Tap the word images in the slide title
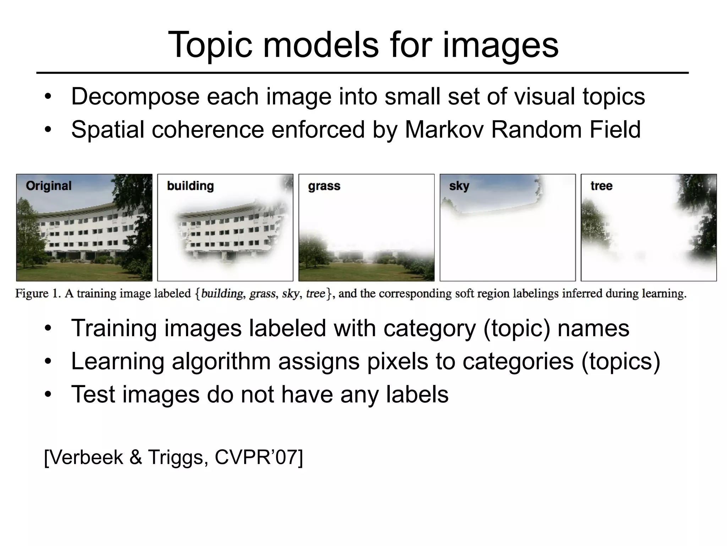(500, 45)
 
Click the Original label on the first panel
(49, 186)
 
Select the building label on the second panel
(190, 186)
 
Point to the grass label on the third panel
(324, 186)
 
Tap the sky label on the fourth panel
(459, 186)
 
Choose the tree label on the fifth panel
(601, 186)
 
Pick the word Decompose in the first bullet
(135, 97)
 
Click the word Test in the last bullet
(93, 394)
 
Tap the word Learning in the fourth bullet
(117, 361)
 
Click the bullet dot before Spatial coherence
(48, 129)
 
